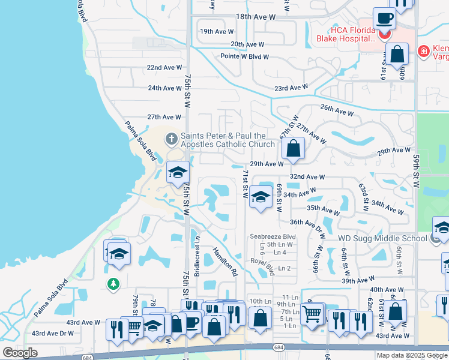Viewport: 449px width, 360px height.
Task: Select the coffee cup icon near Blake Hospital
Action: click(384, 19)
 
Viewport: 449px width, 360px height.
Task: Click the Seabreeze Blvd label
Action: click(273, 236)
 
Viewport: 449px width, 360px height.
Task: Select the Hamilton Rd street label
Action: click(225, 263)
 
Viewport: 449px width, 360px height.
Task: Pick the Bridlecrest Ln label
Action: click(197, 259)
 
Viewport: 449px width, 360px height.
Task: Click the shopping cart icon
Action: click(312, 314)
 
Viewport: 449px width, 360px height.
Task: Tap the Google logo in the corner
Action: click(20, 353)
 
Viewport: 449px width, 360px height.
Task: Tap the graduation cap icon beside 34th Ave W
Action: click(260, 197)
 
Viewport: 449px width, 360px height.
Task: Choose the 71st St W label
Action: click(245, 184)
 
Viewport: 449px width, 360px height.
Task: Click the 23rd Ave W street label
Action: click(292, 88)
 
